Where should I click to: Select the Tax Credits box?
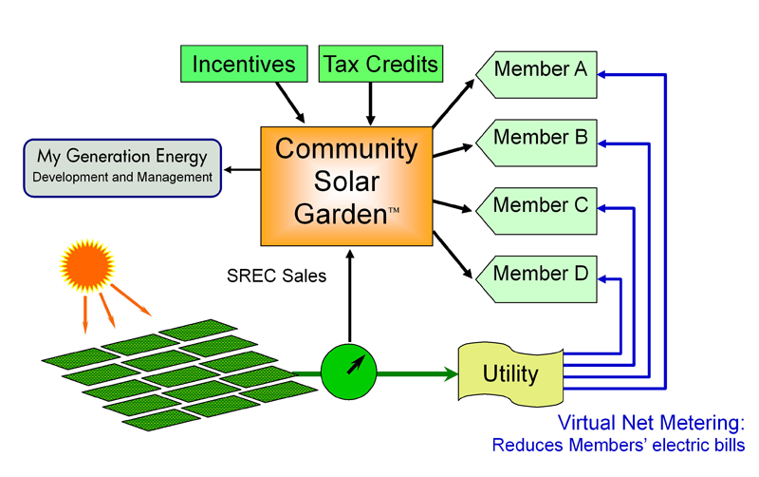(380, 65)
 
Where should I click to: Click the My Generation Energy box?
(121, 165)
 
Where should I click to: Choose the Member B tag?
(537, 138)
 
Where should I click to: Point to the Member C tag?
(537, 205)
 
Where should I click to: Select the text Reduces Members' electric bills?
(618, 445)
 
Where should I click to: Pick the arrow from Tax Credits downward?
(370, 100)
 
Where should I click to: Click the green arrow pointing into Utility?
(417, 373)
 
